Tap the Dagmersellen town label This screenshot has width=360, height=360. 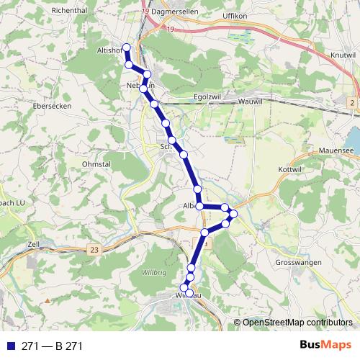pyautogui.click(x=179, y=12)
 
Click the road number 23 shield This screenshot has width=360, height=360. pyautogui.click(x=95, y=248)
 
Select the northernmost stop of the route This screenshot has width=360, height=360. pyautogui.click(x=126, y=48)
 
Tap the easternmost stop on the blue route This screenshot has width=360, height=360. pyautogui.click(x=233, y=213)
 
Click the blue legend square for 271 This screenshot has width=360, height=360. pyautogui.click(x=10, y=346)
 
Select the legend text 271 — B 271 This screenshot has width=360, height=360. pyautogui.click(x=52, y=346)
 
